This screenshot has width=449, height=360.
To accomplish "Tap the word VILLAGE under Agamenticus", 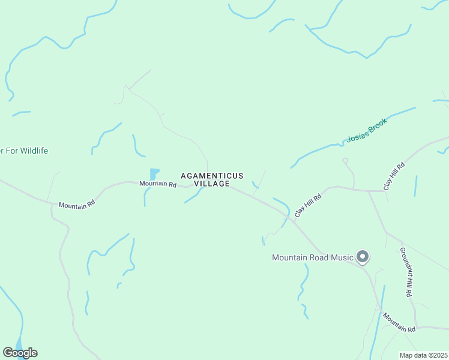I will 212,184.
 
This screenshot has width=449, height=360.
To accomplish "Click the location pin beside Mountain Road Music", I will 363,257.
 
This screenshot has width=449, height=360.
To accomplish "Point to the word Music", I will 342,258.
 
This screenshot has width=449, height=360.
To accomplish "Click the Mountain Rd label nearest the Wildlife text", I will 77,205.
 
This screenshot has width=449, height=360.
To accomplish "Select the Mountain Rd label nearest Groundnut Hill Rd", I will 399,323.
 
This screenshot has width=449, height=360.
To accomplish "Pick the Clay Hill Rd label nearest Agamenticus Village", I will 308,205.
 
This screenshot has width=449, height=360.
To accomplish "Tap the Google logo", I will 20,353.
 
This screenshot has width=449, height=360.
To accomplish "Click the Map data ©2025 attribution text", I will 423,355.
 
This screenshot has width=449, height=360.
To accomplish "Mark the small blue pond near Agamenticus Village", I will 154,174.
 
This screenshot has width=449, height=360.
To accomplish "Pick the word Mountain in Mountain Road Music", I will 289,258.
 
